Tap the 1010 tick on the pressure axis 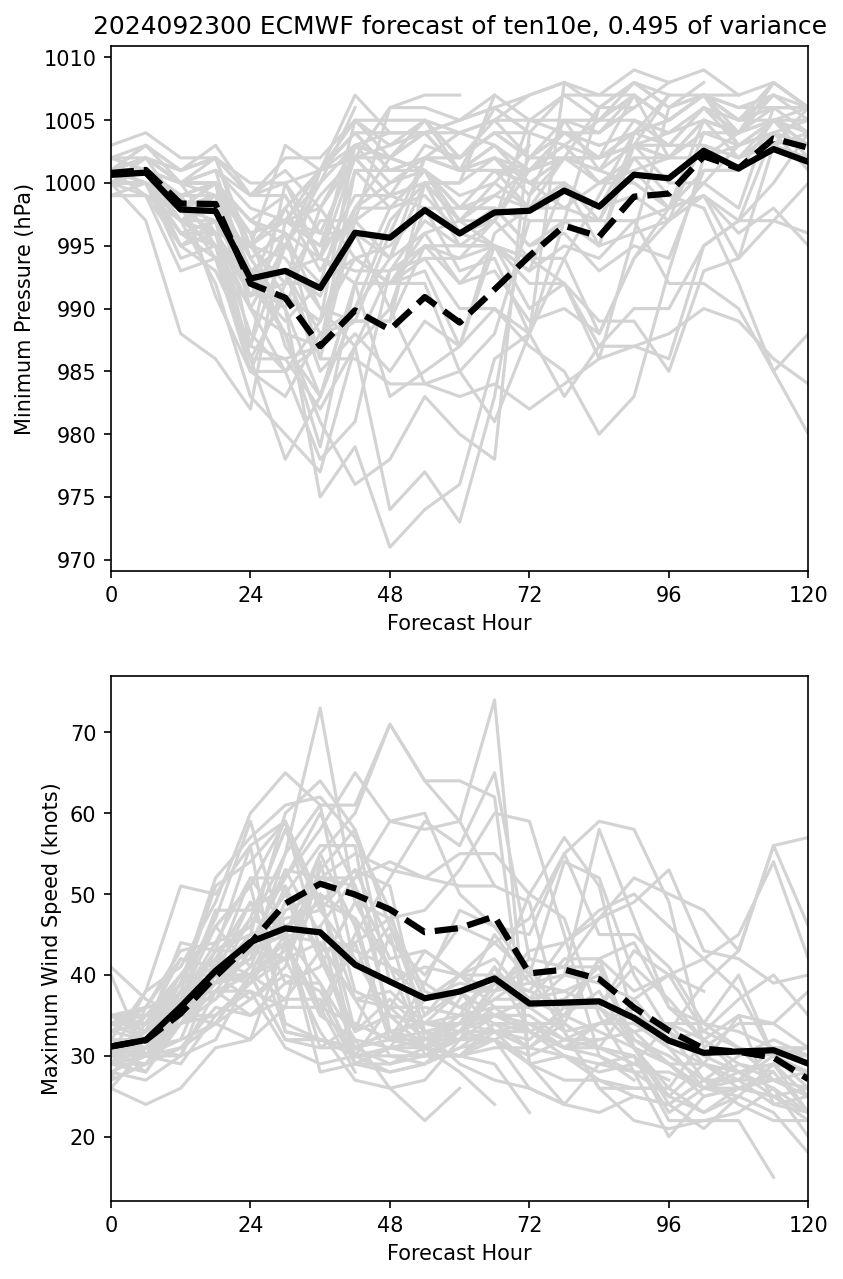tap(76, 58)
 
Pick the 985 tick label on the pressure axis tap(81, 372)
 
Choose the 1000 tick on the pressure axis tap(76, 184)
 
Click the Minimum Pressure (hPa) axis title tap(23, 308)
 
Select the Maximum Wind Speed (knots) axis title tap(51, 938)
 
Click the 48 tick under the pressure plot tap(390, 594)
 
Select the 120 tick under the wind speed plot tap(808, 1224)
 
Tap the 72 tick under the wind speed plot tap(529, 1224)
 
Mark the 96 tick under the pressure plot tap(668, 594)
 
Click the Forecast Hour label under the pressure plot tap(459, 623)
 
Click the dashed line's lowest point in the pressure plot tap(320, 347)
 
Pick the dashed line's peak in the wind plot tap(319, 883)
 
